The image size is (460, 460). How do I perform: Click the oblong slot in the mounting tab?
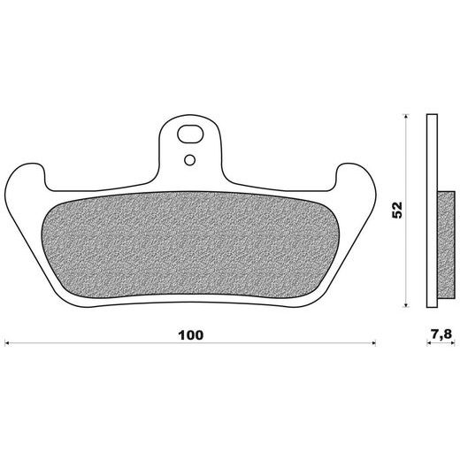[x=190, y=134]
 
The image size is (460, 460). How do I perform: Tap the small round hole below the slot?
[x=189, y=160]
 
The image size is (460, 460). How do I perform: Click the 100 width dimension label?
[x=191, y=335]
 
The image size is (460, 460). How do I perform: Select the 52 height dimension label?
[x=397, y=210]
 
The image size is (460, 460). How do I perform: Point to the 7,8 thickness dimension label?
[x=441, y=334]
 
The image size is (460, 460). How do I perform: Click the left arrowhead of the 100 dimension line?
[x=7, y=343]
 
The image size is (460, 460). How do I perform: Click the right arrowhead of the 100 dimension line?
[x=373, y=343]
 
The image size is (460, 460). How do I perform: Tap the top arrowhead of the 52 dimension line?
[x=406, y=117]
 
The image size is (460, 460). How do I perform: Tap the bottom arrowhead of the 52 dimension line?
[x=406, y=304]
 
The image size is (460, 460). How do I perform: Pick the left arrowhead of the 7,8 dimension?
[x=429, y=343]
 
